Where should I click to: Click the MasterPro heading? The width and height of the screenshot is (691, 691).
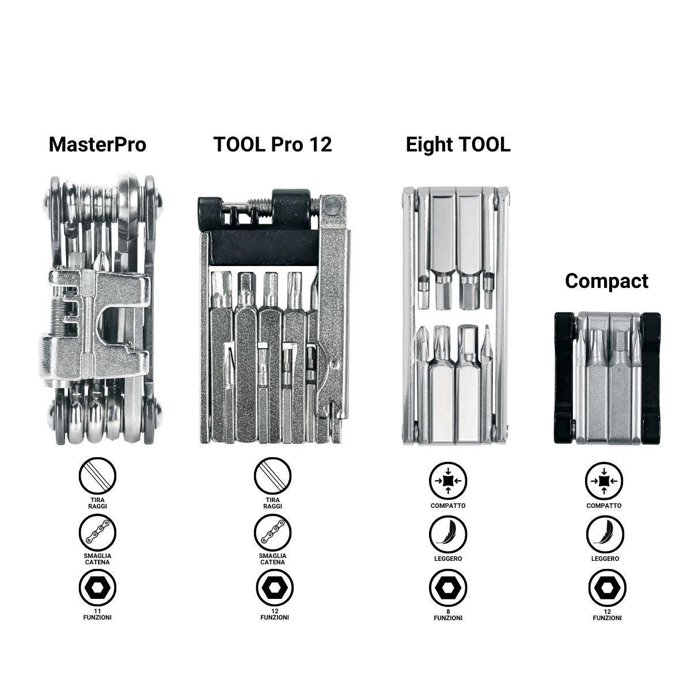coord(97,144)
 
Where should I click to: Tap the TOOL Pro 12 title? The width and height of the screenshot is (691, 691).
coord(272,144)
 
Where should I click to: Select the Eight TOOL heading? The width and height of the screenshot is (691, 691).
coord(458,144)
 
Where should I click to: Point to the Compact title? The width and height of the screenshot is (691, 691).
coord(606,281)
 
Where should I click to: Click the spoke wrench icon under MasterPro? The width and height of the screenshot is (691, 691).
coord(97,476)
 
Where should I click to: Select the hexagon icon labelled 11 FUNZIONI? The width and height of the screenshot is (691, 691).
coord(97,588)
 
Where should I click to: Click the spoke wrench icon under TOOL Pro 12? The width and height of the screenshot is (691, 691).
coord(272,476)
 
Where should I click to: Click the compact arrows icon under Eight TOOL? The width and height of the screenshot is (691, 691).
coord(447,480)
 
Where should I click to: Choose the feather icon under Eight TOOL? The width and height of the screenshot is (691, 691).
coord(447,535)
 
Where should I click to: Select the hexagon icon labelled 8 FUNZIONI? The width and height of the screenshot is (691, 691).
coord(447,588)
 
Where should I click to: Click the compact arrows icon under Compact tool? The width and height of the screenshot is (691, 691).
coord(604,480)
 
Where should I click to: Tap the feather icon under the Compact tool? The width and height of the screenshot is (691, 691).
coord(604,535)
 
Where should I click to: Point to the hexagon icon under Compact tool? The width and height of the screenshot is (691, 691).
coord(607,588)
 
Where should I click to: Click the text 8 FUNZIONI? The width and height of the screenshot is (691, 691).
coord(447,614)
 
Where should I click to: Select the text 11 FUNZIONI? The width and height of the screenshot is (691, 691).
coord(97,614)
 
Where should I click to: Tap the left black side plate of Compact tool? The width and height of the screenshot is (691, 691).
coord(563,377)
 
